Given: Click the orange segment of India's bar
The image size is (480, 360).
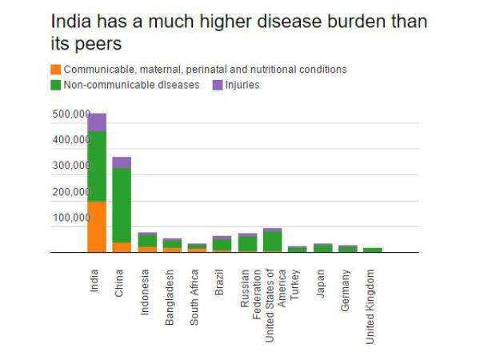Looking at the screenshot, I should click(x=97, y=226).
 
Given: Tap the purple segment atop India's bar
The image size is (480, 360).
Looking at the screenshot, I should click(x=97, y=122).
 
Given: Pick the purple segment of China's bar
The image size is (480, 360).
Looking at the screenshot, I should click(x=122, y=162).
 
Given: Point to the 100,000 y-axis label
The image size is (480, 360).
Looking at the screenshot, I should click(x=70, y=218).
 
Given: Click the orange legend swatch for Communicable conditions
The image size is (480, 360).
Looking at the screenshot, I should click(x=55, y=70).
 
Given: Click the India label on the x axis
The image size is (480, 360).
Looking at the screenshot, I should click(x=96, y=278).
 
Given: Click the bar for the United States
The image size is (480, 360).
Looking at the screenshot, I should click(x=272, y=240).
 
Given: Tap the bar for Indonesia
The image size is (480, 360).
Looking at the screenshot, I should click(x=146, y=242).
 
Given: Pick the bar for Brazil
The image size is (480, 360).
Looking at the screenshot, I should click(x=222, y=244).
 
